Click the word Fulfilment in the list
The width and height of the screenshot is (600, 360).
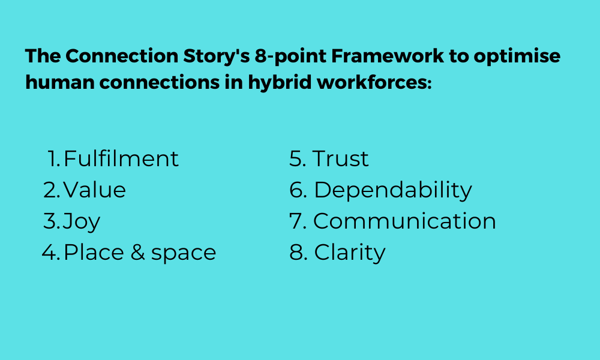tap(121, 158)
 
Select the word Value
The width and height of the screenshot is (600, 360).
tap(95, 190)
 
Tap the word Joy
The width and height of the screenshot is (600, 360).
tap(82, 222)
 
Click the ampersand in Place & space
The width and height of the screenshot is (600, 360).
tap(138, 252)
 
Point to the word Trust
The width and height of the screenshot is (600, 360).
tap(341, 158)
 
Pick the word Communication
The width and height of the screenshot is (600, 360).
tap(405, 221)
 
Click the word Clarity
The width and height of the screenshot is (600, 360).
tap(350, 253)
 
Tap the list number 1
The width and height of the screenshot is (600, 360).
tap(54, 158)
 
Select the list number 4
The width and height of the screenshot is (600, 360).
tap(51, 253)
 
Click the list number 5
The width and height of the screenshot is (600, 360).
tap(298, 158)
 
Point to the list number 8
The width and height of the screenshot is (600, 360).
tap(298, 253)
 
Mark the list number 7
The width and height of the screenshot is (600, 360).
tap(298, 221)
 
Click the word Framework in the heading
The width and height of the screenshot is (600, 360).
tap(388, 56)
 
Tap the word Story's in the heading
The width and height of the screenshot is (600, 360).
tap(217, 56)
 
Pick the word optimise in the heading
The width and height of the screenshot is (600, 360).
tap(517, 56)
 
